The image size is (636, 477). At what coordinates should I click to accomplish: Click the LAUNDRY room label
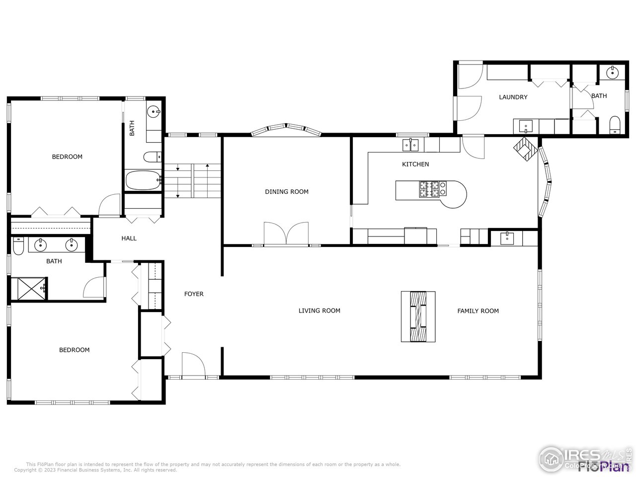pos(513,97)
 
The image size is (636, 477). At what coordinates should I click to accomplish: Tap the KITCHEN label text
pos(415,164)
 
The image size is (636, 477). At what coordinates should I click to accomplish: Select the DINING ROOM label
pos(287,192)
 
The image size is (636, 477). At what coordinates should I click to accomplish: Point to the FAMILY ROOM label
pos(477,311)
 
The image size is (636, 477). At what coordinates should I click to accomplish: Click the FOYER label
pos(194,294)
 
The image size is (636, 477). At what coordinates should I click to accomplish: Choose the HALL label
pos(129,238)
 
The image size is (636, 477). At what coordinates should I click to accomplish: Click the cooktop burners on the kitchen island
pos(430,189)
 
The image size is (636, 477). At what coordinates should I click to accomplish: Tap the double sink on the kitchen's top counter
pos(410,145)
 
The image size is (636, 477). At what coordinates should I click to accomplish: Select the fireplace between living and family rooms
pos(418,317)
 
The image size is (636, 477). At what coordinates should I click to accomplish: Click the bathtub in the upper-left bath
pos(143,180)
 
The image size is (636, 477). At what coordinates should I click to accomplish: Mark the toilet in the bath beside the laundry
pos(615,125)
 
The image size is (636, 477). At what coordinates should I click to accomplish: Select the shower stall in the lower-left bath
pos(29,289)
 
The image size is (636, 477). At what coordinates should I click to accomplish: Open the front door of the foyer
pos(194,366)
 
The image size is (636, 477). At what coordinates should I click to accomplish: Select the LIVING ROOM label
pos(319,311)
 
